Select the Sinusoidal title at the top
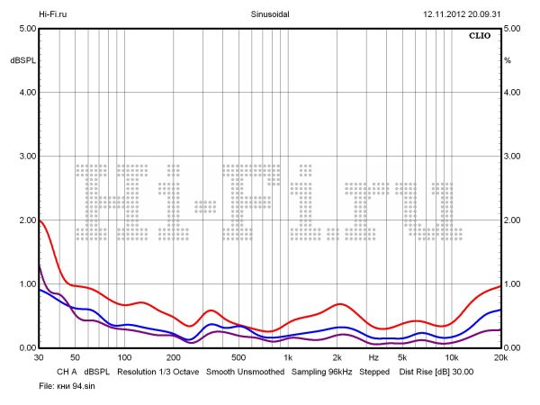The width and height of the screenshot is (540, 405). click(270, 14)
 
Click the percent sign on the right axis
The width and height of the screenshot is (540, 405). click(508, 60)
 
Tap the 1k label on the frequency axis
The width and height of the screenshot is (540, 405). click(287, 357)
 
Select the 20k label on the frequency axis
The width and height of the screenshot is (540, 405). click(499, 357)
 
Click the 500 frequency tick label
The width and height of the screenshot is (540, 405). click(238, 357)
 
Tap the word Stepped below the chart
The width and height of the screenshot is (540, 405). click(375, 371)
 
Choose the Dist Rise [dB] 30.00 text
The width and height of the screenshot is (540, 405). click(436, 371)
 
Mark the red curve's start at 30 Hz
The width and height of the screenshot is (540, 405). click(40, 220)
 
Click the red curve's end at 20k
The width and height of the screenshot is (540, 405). click(499, 286)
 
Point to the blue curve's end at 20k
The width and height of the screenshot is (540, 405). click(499, 310)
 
